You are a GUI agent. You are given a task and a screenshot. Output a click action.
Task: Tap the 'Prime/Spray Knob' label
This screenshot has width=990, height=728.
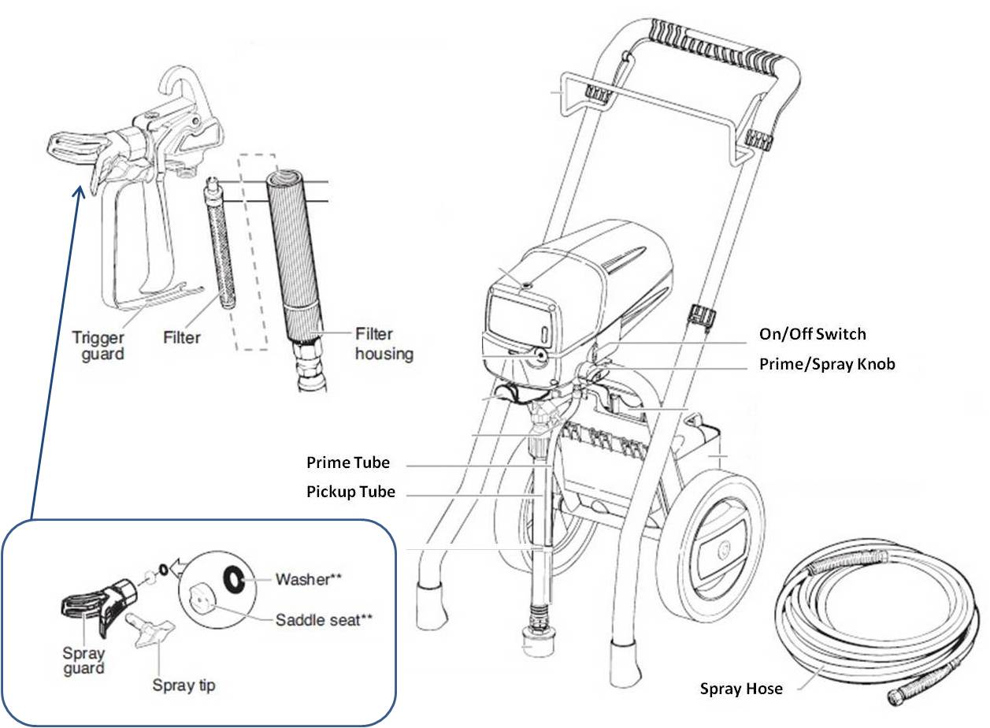826,365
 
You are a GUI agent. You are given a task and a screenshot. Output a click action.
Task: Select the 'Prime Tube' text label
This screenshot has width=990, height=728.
348,462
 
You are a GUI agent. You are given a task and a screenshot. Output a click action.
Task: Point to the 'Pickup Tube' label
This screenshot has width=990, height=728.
350,492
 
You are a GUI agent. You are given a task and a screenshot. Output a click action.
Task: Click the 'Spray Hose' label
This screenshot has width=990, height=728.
741,689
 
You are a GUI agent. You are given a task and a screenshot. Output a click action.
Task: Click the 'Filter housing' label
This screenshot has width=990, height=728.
384,344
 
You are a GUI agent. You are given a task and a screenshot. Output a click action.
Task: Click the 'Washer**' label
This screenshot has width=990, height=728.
308,580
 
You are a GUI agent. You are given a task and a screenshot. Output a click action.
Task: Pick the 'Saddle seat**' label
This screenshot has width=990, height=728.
324,619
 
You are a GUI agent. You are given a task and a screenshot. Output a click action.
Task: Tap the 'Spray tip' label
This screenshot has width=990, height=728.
184,685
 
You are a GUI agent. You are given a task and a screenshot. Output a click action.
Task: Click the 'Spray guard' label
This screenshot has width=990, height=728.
83,660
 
